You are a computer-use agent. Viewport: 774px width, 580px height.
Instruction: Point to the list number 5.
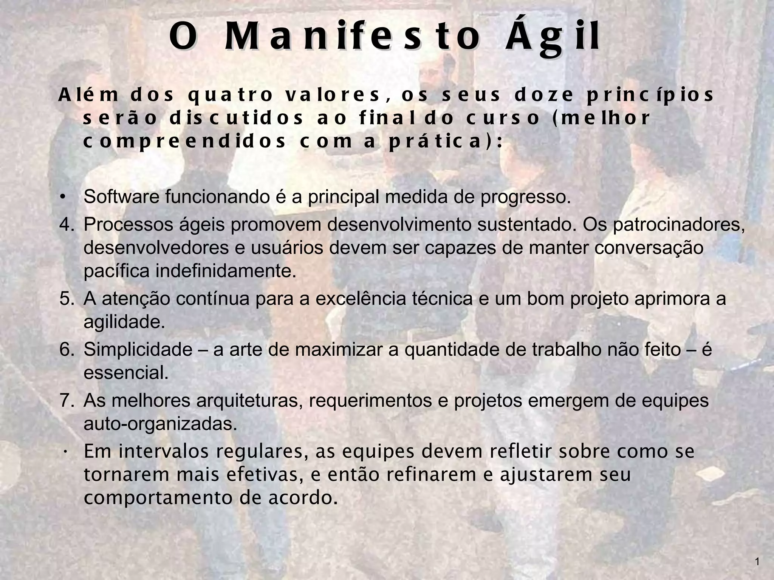pyautogui.click(x=67, y=298)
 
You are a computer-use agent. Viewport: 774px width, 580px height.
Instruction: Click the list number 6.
pyautogui.click(x=67, y=349)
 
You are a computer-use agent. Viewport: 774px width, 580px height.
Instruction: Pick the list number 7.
pyautogui.click(x=67, y=400)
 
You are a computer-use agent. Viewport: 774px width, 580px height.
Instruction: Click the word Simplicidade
pyautogui.click(x=138, y=350)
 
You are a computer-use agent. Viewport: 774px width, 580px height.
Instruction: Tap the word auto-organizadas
pyautogui.click(x=160, y=424)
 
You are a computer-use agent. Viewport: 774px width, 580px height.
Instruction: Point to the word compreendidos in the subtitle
pyautogui.click(x=184, y=142)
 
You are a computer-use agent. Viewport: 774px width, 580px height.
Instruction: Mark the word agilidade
pyautogui.click(x=124, y=322)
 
